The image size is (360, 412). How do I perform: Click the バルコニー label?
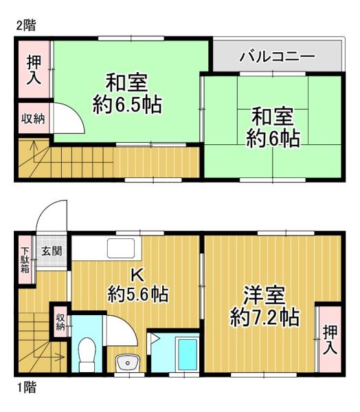[x=277, y=56]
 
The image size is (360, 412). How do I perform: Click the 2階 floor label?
[x=26, y=25]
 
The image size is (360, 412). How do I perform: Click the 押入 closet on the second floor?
[x=32, y=69]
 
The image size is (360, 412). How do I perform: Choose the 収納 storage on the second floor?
[x=32, y=119]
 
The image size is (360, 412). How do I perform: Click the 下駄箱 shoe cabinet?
[x=25, y=260]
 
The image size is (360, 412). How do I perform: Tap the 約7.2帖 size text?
[x=264, y=318]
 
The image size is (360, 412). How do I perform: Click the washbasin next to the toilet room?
[x=125, y=362]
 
